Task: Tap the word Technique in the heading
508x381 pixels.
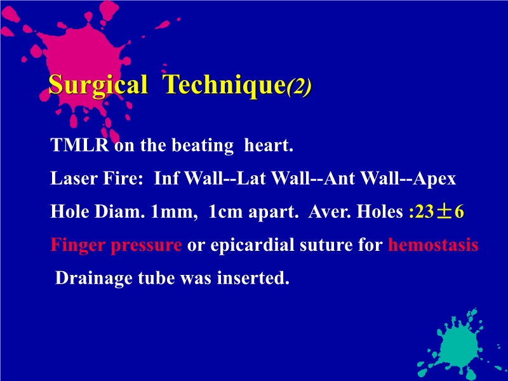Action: click(222, 85)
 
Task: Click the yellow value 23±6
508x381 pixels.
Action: click(439, 212)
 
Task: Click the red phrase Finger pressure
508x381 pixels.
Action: click(116, 245)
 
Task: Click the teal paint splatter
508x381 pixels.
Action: click(458, 346)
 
